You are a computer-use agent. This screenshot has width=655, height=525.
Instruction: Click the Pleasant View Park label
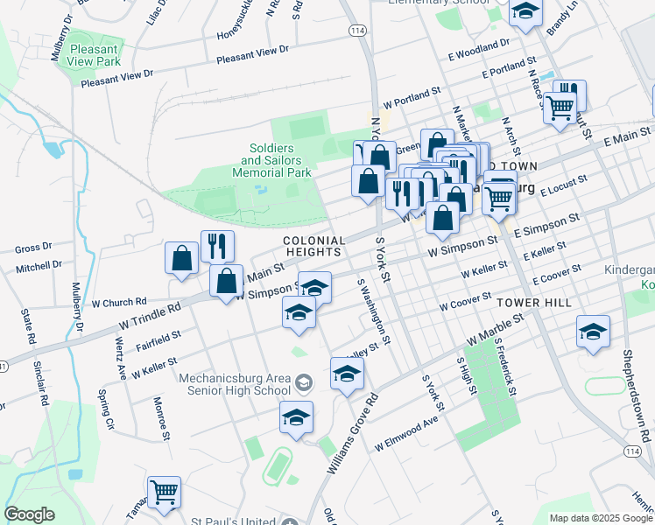click(x=118, y=55)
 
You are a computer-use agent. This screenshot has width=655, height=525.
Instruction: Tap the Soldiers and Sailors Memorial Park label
click(x=271, y=161)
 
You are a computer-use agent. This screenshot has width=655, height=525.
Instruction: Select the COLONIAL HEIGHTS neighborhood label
click(x=311, y=245)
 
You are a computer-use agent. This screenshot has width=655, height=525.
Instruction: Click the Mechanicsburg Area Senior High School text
click(x=235, y=385)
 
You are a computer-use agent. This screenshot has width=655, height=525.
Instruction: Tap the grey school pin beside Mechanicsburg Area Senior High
click(x=303, y=381)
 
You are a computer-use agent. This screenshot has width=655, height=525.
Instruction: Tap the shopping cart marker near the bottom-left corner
click(x=164, y=493)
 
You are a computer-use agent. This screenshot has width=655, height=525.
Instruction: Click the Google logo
click(x=29, y=514)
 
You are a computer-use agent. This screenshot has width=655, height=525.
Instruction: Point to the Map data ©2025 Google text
click(x=601, y=518)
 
